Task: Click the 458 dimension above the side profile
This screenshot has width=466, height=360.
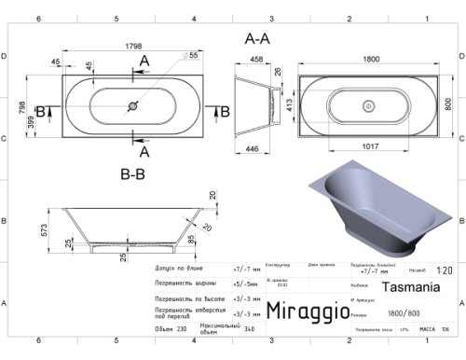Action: click(255, 60)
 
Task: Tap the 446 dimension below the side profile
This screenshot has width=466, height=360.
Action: click(253, 147)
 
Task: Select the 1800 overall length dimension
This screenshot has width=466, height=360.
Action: click(372, 57)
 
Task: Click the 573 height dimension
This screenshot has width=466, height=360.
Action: click(44, 228)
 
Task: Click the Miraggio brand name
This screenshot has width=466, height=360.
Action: click(307, 310)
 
